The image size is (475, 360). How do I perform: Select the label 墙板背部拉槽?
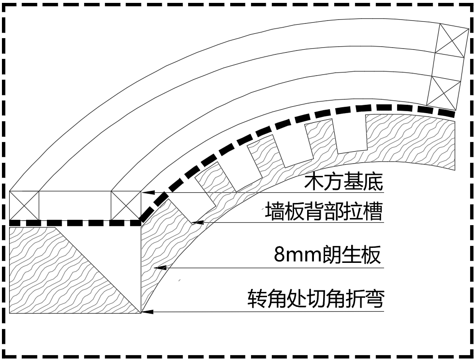[324, 212]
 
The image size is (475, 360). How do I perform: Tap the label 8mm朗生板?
[327, 255]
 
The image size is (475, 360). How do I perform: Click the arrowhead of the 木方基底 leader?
[146, 192]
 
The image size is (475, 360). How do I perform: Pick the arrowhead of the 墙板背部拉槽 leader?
[195, 222]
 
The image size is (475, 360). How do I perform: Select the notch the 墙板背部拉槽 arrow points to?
[184, 205]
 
